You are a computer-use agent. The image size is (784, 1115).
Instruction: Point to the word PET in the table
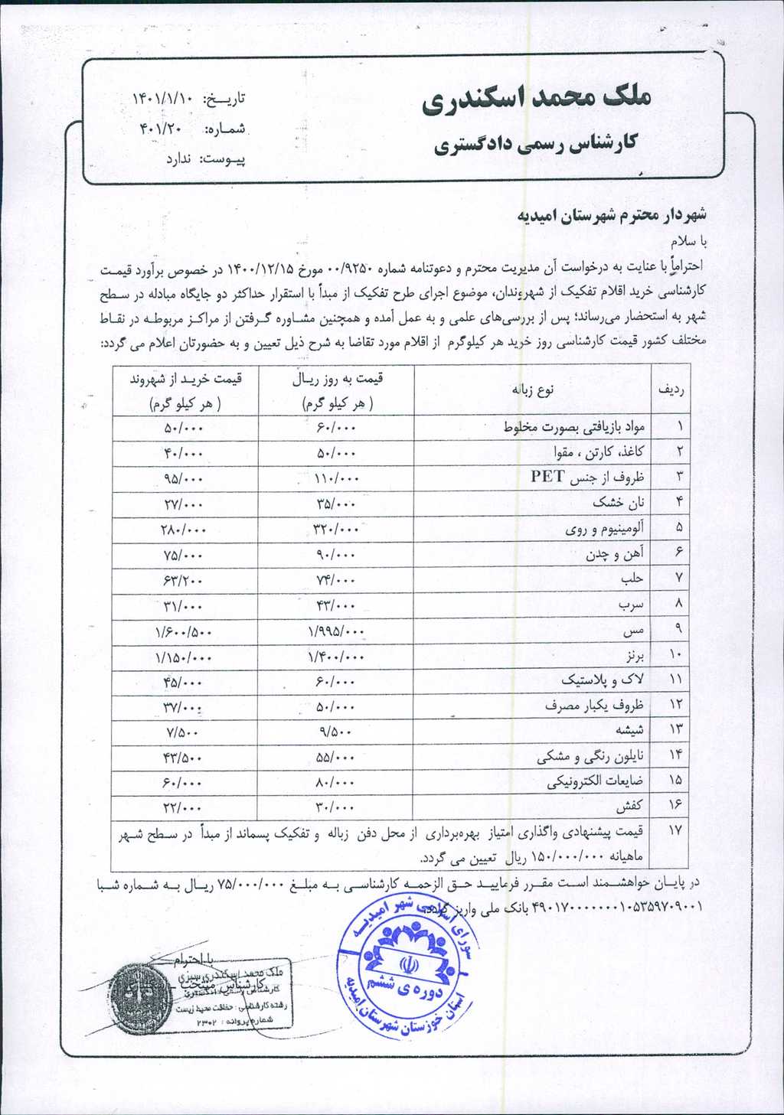point(547,477)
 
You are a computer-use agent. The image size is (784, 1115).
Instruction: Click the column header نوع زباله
point(532,390)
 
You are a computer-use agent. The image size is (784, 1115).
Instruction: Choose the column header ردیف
point(671,390)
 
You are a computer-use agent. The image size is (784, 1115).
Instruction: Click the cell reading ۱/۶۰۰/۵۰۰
point(183,632)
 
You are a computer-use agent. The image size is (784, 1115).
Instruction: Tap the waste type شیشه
point(627,729)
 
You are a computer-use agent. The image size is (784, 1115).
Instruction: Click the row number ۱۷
point(673,830)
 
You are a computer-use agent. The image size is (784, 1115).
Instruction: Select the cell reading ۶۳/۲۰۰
point(183,580)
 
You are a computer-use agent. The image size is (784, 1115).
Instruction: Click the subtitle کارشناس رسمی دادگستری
point(535,144)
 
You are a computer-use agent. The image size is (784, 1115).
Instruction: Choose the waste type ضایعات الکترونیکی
point(595,781)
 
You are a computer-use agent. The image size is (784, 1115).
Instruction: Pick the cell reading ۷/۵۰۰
point(183,731)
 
